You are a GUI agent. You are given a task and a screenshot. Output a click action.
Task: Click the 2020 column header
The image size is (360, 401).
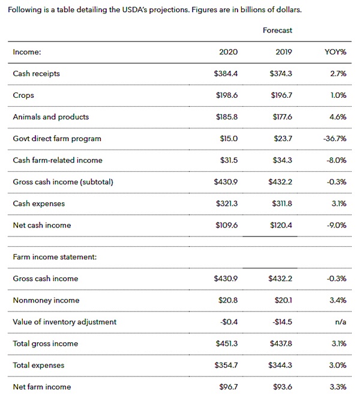pyautogui.click(x=228, y=52)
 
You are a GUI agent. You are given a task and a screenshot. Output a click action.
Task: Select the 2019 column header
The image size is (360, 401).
pyautogui.click(x=283, y=52)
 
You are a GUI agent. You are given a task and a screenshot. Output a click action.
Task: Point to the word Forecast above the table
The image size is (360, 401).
pyautogui.click(x=277, y=30)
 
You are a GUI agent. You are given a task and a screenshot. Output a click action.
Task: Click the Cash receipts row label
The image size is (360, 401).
pyautogui.click(x=36, y=74)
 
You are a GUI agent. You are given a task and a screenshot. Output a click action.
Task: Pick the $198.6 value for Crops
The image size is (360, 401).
pyautogui.click(x=227, y=95)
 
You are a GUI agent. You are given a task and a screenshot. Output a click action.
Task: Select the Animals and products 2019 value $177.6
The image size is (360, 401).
pyautogui.click(x=281, y=117)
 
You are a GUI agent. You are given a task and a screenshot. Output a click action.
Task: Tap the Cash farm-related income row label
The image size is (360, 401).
pyautogui.click(x=58, y=160)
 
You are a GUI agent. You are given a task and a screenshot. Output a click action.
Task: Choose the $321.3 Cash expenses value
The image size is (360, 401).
pyautogui.click(x=226, y=204)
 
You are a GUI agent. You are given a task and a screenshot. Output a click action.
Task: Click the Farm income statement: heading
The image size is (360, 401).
pyautogui.click(x=55, y=257)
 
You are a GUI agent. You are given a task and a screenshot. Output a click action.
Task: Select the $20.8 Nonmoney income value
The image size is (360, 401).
pyautogui.click(x=228, y=300)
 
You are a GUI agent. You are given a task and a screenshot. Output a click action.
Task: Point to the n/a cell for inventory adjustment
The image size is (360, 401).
pyautogui.click(x=340, y=322)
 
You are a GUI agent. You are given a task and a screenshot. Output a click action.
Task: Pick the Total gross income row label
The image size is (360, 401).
pyautogui.click(x=46, y=343)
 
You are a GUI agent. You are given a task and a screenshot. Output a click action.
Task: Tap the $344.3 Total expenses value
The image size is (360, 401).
pyautogui.click(x=281, y=365)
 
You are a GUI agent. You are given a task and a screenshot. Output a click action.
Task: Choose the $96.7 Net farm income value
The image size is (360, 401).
pyautogui.click(x=228, y=387)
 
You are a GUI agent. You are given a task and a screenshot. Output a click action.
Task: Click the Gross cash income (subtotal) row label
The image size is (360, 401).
pyautogui.click(x=63, y=182)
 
